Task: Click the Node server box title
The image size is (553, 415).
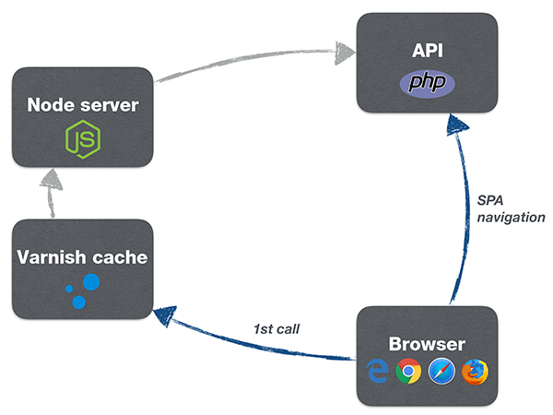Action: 83,104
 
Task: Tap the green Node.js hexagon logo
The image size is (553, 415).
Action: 82,140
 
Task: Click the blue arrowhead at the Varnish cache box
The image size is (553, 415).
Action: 166,314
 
